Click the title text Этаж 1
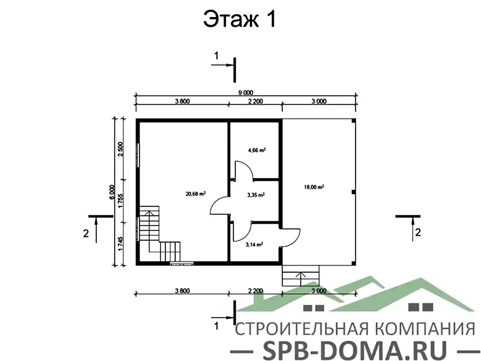[x=239, y=20]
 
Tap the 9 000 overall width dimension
[x=245, y=93]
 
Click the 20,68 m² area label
[x=197, y=193]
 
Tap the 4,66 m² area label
[x=256, y=150]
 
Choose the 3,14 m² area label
[x=254, y=244]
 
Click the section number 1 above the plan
[x=217, y=55]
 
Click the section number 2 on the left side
[x=85, y=232]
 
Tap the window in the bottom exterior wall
[x=181, y=264]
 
